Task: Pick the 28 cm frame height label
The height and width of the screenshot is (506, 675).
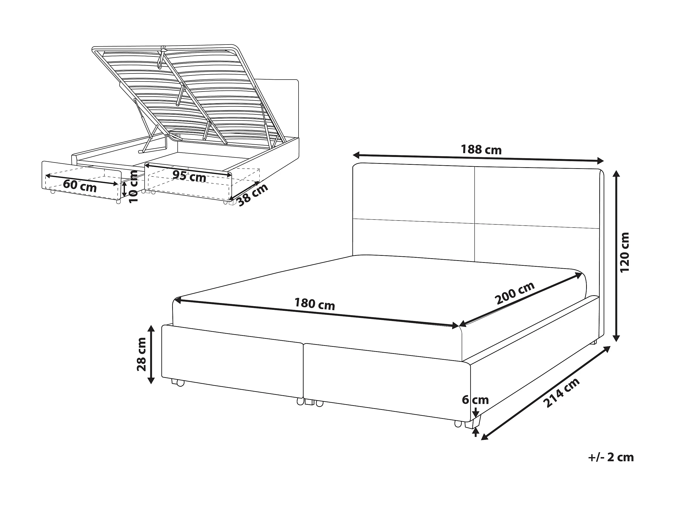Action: (141, 354)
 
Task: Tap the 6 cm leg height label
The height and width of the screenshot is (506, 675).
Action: (475, 400)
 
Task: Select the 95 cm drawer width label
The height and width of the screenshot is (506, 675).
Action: (189, 176)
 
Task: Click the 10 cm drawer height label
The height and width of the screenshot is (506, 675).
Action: (133, 186)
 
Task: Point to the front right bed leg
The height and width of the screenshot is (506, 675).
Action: (472, 423)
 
